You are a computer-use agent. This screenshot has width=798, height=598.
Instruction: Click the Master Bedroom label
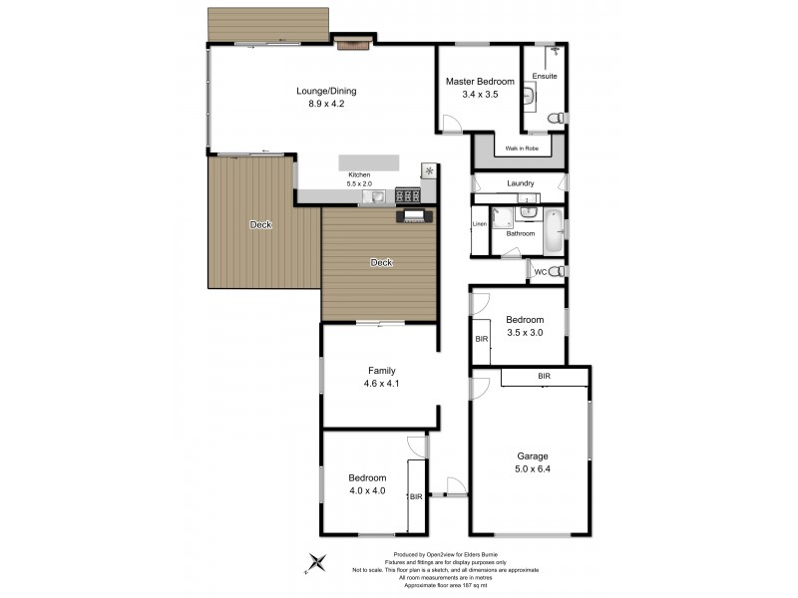[x=480, y=81]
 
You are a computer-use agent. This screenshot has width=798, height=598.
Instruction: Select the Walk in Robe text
[x=522, y=148]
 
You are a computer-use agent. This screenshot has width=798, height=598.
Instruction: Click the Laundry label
[x=520, y=183]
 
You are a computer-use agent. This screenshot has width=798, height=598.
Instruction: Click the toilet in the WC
[x=557, y=271]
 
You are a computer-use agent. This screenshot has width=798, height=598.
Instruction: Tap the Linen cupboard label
[x=480, y=224]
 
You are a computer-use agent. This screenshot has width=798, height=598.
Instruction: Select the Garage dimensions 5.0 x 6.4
[x=532, y=469]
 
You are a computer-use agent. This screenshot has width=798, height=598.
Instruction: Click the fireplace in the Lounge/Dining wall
[x=351, y=43]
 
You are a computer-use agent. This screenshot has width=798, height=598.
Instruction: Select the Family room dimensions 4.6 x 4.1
[x=382, y=384]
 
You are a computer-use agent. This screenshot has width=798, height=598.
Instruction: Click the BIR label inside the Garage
[x=545, y=376]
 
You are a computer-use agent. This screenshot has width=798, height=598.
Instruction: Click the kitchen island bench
[x=368, y=162]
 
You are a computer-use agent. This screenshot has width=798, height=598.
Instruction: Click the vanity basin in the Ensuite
[x=530, y=95]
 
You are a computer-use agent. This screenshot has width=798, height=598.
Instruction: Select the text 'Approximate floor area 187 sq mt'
[x=447, y=585]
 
